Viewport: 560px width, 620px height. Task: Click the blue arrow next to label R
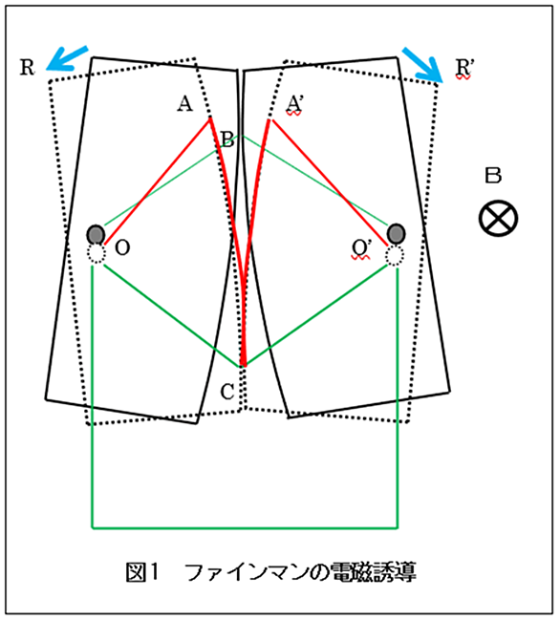(x=67, y=59)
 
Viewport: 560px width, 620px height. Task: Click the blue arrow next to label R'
(x=422, y=65)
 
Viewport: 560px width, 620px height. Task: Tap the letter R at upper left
(x=27, y=67)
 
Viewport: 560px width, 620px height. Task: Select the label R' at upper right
(x=463, y=68)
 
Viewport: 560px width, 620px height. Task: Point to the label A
(x=184, y=104)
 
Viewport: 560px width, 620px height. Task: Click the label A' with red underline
(x=294, y=105)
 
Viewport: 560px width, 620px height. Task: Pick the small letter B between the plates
(x=227, y=139)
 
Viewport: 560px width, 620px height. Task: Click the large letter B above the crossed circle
(x=493, y=176)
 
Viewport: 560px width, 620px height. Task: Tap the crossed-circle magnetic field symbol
(x=498, y=218)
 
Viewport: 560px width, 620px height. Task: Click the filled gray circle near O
(x=96, y=234)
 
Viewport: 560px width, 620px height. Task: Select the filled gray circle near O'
(x=397, y=234)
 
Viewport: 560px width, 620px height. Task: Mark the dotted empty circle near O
(x=97, y=253)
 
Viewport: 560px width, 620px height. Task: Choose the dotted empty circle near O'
(x=395, y=256)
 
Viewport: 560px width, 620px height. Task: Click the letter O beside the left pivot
(x=122, y=248)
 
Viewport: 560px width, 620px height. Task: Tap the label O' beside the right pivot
(x=360, y=249)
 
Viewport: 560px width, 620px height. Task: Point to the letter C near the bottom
(x=227, y=392)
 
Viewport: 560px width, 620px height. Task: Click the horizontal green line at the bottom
(x=245, y=527)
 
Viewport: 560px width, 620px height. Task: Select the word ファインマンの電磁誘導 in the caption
(x=300, y=572)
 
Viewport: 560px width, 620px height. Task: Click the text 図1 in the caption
(x=142, y=572)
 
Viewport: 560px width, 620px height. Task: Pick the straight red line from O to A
(x=157, y=182)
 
